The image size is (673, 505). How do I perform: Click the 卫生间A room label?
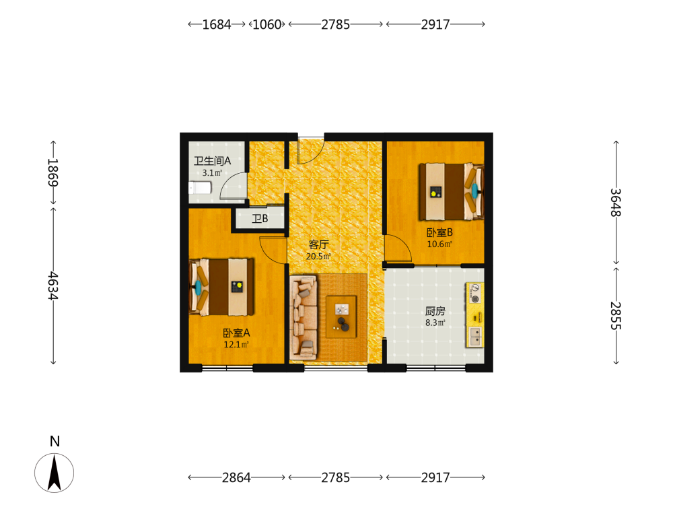tap(212, 161)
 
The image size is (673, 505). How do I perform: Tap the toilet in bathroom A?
tap(200, 188)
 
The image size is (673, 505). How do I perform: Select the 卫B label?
tap(260, 219)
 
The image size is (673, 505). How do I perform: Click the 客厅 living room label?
tap(318, 245)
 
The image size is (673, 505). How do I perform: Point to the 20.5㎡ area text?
tap(318, 257)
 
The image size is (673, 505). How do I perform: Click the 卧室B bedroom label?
tap(439, 232)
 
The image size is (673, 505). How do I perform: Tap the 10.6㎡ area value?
tap(439, 244)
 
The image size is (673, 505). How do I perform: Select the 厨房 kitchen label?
tap(435, 311)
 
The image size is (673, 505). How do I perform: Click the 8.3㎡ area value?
tap(435, 323)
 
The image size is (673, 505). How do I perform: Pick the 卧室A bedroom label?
tap(236, 333)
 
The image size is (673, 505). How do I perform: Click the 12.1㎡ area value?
tap(236, 344)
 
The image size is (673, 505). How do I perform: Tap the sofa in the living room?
tap(304, 317)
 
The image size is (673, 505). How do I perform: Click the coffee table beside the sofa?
tap(341, 316)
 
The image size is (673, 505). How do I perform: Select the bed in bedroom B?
tap(452, 191)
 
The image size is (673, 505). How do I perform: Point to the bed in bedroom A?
tap(221, 286)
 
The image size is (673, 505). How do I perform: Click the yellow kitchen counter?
tap(475, 314)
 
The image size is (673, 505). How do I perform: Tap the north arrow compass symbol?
tap(54, 473)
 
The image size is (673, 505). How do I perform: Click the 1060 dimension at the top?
tap(267, 24)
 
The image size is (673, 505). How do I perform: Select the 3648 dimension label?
tap(616, 202)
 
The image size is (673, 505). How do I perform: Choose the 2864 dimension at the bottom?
tap(236, 477)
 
